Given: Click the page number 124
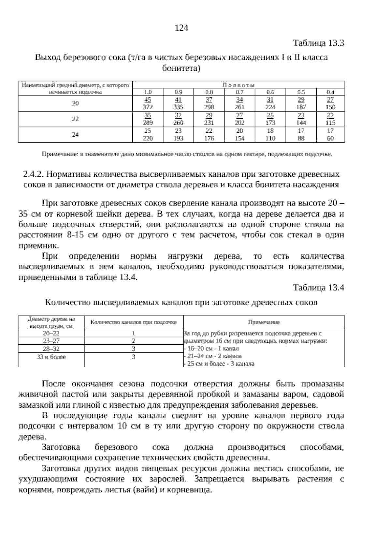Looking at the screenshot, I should [x=181, y=28].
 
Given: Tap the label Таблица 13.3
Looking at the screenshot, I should [x=319, y=43].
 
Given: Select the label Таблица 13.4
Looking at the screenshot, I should [x=319, y=288].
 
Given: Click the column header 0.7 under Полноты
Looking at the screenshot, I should [x=239, y=92].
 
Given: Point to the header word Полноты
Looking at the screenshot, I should [x=239, y=85].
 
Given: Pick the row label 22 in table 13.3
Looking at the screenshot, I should [x=75, y=119].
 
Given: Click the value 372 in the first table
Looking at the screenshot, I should [x=148, y=107].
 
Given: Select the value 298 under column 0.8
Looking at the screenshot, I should [x=209, y=107].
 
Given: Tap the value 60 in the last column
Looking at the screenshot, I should [x=330, y=138].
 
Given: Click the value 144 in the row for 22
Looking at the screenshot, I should [x=301, y=123].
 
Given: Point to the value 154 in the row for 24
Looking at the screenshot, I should [x=239, y=138].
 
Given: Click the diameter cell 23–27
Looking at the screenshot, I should [x=51, y=341].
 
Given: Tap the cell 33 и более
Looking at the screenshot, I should [x=51, y=357].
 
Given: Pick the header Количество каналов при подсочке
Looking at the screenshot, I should [x=134, y=322].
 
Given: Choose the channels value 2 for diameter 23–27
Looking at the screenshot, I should [x=134, y=341].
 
